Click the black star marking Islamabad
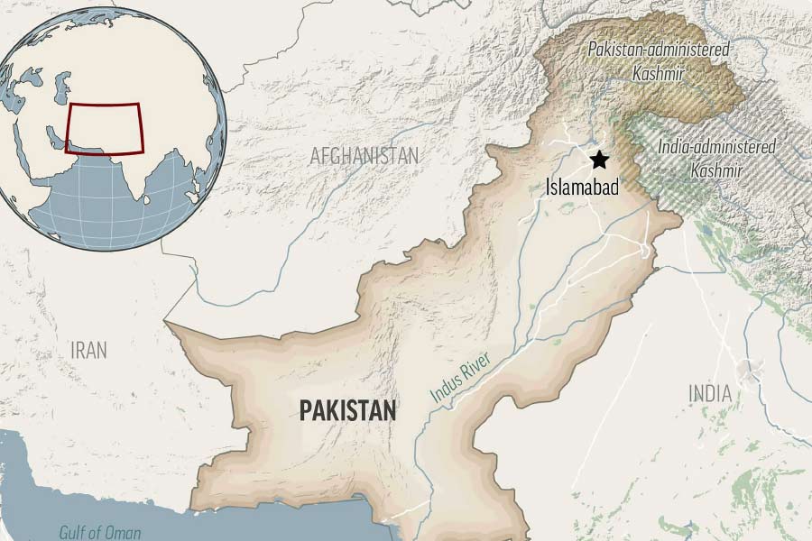coord(599,160)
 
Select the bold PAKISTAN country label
coord(347,412)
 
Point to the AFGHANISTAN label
coord(364,156)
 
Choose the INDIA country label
coord(710,394)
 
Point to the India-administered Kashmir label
coord(715,157)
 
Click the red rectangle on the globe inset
coord(105,128)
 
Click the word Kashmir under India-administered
coord(715,170)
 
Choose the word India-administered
coord(715,146)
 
